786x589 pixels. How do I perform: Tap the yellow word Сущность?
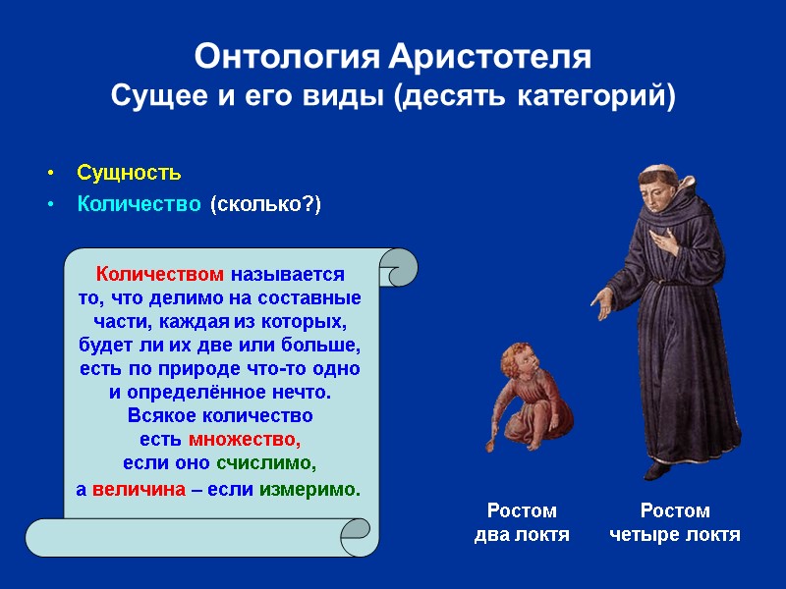point(129,174)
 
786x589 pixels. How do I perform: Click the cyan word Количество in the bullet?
point(140,204)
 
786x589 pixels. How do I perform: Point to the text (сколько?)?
point(265,204)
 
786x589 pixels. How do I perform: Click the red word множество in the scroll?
point(244,439)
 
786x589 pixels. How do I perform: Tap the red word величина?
point(139,488)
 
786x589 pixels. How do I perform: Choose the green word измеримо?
point(309,488)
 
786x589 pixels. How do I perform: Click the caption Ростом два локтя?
point(522,523)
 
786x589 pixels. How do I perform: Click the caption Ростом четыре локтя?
point(675,523)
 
